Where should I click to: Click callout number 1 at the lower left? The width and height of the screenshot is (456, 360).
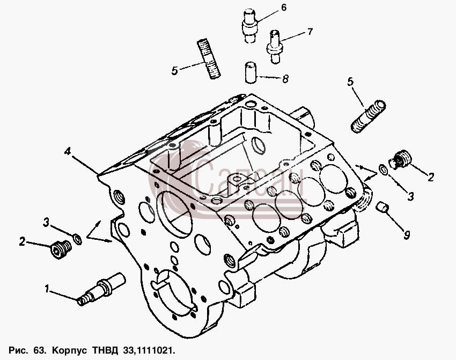[x=47, y=289]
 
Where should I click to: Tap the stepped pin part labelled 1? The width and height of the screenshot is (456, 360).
[x=101, y=289]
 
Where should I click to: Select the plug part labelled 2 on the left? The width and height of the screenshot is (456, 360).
[x=61, y=249]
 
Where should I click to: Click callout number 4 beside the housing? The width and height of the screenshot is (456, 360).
[x=68, y=151]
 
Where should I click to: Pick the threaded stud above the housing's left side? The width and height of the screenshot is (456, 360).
[x=209, y=59]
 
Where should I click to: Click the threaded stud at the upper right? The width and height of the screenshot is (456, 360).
[x=368, y=116]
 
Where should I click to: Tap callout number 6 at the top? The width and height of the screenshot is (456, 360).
[x=284, y=8]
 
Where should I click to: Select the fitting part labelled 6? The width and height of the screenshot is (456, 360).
[x=249, y=26]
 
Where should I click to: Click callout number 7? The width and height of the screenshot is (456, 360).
[x=310, y=32]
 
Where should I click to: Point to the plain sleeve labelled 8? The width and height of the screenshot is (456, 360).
[x=251, y=72]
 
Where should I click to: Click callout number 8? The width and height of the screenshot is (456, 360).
[x=285, y=78]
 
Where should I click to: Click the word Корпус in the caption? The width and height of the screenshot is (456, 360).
[x=69, y=350]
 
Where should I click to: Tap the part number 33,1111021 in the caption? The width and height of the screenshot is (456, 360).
[x=149, y=350]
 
